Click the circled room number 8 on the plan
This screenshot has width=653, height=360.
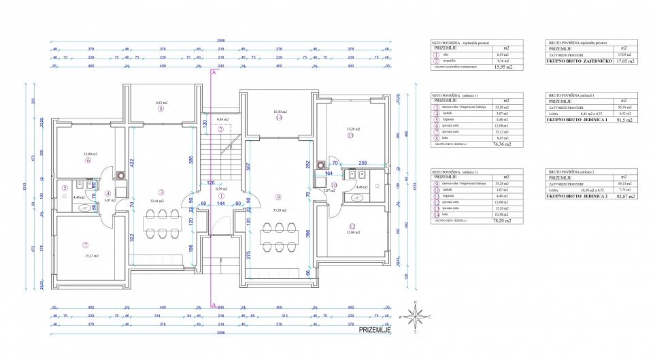click(161, 108)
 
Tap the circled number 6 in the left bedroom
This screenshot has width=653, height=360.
click(88, 161)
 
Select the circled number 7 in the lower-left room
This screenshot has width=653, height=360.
click(86, 245)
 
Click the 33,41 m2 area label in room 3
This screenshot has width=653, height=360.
click(161, 201)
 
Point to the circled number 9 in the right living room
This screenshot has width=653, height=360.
click(278, 197)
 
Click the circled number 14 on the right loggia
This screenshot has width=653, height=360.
click(279, 118)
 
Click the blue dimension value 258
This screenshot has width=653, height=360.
click(363, 164)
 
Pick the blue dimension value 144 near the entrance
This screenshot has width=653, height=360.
click(220, 203)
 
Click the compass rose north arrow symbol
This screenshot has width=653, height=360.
click(415, 315)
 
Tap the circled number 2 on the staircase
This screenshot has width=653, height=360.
click(220, 129)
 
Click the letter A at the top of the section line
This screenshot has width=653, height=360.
click(214, 71)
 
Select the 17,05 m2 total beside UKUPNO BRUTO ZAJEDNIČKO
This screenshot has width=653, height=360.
click(621, 61)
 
